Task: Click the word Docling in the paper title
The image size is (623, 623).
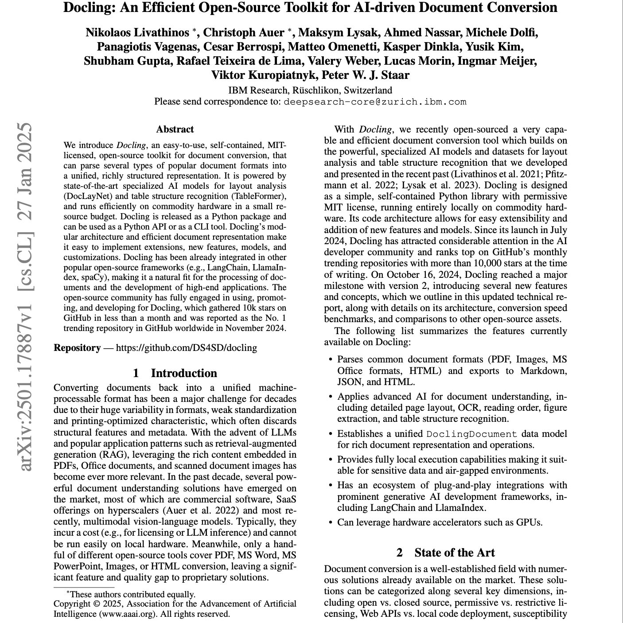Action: [x=87, y=8]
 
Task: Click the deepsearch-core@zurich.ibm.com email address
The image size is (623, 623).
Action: [x=375, y=102]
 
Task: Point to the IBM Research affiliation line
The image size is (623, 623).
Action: [x=310, y=90]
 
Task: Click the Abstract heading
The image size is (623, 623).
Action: [x=175, y=129]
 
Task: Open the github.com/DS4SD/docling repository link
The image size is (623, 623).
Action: [x=186, y=348]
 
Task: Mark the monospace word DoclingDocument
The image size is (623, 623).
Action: [x=472, y=434]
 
